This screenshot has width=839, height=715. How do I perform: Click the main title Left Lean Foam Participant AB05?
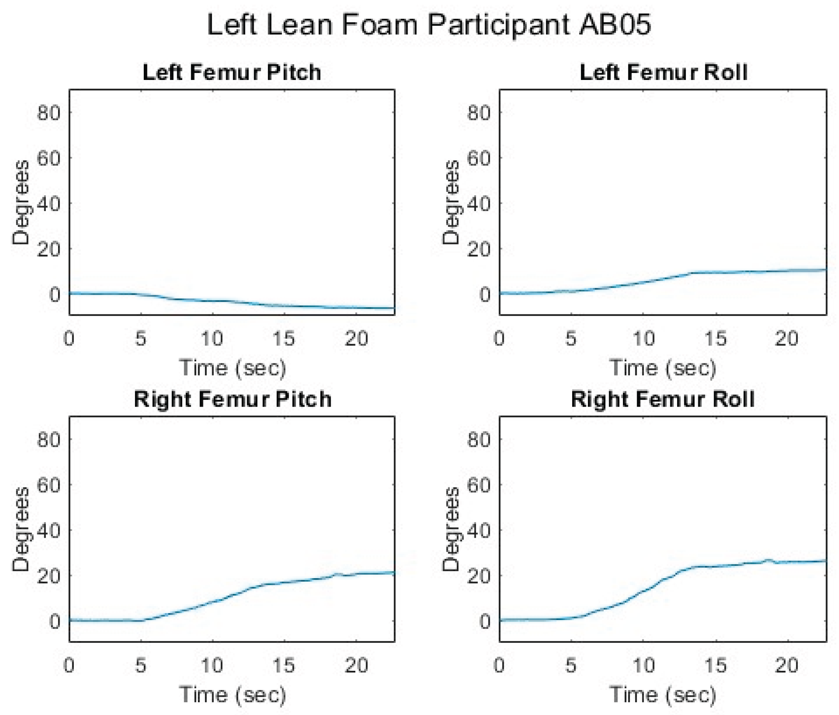[x=429, y=25]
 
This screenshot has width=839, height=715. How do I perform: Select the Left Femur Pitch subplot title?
[x=232, y=73]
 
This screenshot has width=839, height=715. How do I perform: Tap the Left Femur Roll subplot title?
[x=663, y=73]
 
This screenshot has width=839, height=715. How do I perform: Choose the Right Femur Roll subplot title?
[x=663, y=400]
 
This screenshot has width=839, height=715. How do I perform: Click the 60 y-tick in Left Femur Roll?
[x=479, y=158]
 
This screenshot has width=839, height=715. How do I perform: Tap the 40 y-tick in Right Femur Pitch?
[x=48, y=530]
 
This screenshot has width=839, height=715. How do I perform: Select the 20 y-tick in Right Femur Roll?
[x=479, y=576]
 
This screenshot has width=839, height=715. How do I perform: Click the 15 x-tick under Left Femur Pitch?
[x=283, y=338]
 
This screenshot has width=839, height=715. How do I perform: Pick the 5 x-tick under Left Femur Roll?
[x=571, y=338]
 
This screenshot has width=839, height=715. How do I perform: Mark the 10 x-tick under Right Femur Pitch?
[x=212, y=665]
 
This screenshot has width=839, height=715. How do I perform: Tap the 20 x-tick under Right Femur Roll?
[x=787, y=665]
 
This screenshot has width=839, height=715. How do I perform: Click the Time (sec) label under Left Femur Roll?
[x=663, y=367]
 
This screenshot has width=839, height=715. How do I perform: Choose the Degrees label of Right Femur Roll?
[x=451, y=529]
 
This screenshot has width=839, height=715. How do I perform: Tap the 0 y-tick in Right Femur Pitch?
[x=55, y=621]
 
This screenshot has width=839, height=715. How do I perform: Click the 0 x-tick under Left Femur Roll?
[x=499, y=338]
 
